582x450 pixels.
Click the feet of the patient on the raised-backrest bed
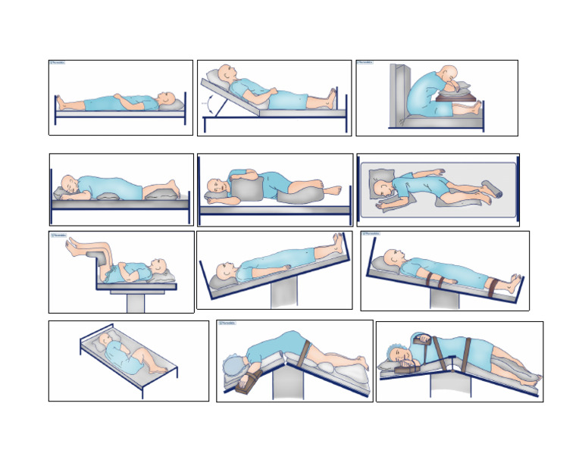point(331,98)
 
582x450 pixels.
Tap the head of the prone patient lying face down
point(69,183)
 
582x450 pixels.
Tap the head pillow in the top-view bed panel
point(380,182)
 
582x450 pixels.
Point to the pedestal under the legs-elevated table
point(136,301)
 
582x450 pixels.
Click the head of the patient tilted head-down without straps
point(224,270)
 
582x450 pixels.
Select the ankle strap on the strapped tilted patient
point(494,286)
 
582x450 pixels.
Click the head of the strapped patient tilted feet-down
point(392,258)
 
